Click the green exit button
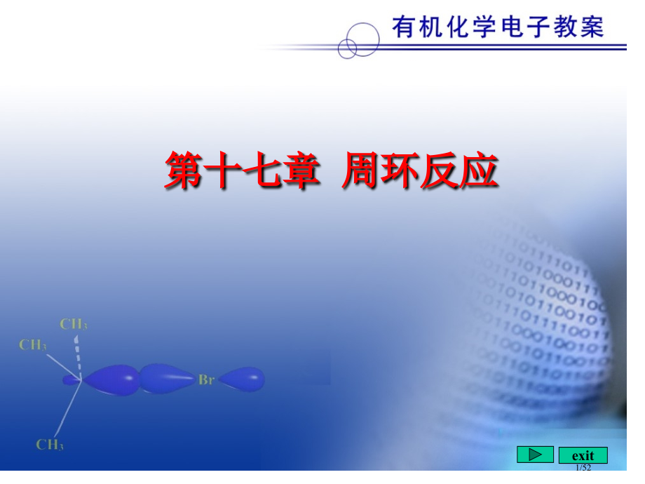tap(583, 455)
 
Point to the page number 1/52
tap(583, 467)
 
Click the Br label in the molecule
tap(206, 380)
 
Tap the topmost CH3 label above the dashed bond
tap(74, 324)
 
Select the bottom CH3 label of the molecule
tap(50, 445)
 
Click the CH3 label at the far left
tap(33, 344)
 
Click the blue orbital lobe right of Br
tap(243, 379)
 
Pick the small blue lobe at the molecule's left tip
tap(71, 379)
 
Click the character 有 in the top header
tap(405, 27)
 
